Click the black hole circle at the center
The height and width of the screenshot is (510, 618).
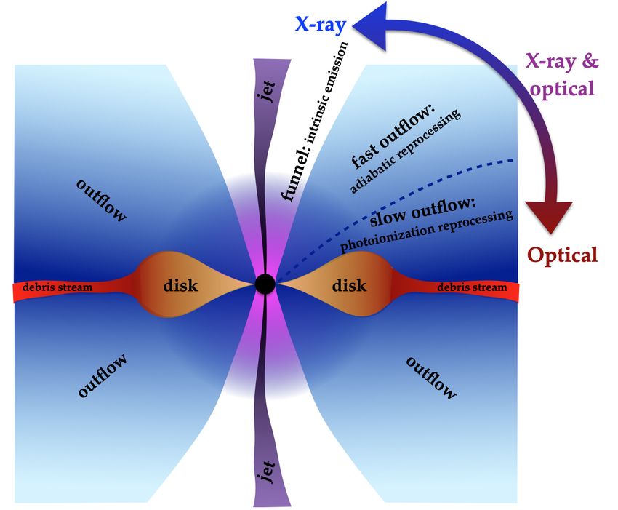[x=265, y=284]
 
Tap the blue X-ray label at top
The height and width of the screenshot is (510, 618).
[x=320, y=25]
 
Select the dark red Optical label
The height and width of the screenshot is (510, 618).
[x=563, y=255]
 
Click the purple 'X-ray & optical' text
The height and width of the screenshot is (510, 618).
[x=561, y=75]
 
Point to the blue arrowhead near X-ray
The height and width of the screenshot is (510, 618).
[x=371, y=25]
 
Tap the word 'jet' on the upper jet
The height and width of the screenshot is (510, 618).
[x=268, y=91]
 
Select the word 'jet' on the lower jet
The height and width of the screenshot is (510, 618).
[x=268, y=471]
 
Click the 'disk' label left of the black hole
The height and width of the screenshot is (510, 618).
[x=180, y=284]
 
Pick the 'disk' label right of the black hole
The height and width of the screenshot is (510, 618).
[x=349, y=284]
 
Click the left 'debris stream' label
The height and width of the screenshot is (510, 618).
[x=57, y=287]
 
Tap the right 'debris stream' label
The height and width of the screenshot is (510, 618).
[x=472, y=287]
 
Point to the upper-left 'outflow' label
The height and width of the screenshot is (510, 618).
[x=102, y=200]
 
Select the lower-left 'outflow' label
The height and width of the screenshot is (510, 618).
[x=103, y=375]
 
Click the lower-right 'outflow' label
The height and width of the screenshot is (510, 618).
[x=431, y=378]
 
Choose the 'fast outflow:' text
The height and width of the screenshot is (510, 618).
[x=393, y=137]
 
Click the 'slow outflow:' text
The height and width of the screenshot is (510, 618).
[x=423, y=212]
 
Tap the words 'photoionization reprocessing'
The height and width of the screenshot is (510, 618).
[x=427, y=231]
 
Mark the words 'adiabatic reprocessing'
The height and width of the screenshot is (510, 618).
[x=405, y=151]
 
